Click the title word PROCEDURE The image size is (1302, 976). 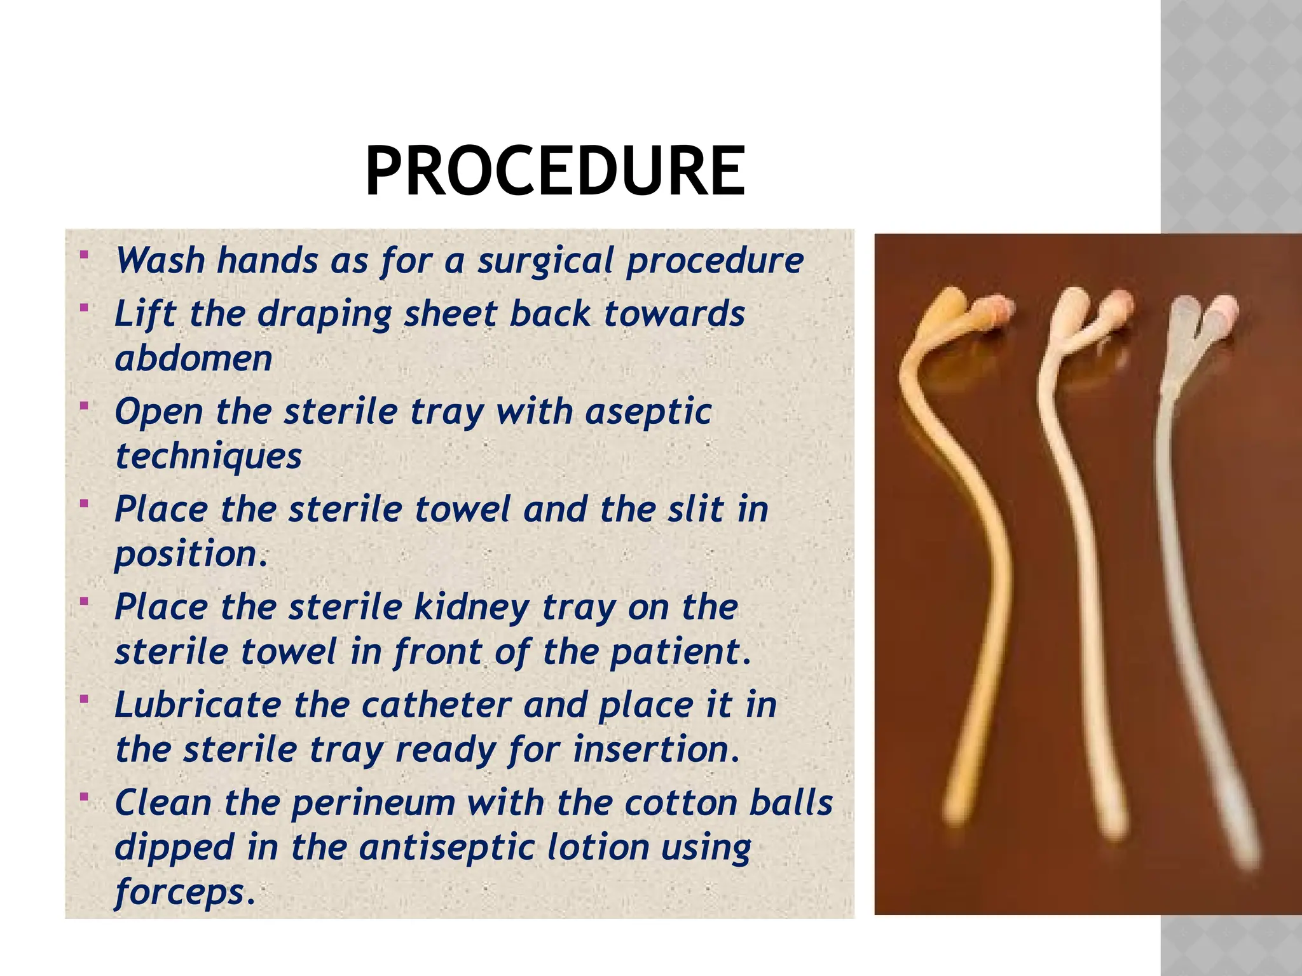(555, 172)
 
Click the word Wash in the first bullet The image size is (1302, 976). (160, 261)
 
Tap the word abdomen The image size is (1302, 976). (194, 359)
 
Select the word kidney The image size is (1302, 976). (472, 608)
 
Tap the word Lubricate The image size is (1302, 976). (198, 705)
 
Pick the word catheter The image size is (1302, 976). (437, 705)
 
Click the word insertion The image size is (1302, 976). (656, 750)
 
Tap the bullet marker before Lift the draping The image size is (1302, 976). (84, 308)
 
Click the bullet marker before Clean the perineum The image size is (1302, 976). (84, 797)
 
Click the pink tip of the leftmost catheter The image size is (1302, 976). (997, 309)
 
